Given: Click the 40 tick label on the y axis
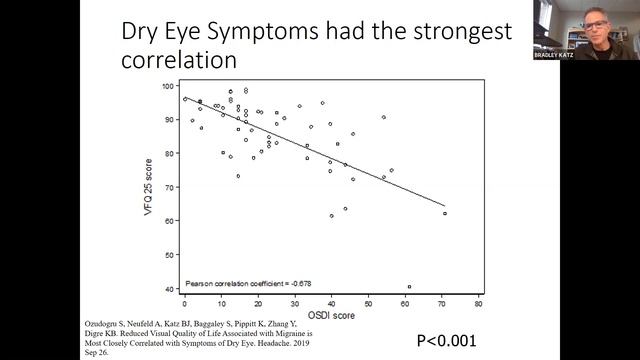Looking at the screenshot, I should click(x=167, y=290).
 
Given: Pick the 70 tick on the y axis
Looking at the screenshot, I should click(x=167, y=188).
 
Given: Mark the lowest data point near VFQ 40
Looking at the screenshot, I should click(x=409, y=287).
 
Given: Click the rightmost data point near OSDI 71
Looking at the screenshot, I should click(x=445, y=213).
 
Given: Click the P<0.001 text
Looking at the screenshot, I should click(x=448, y=337).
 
